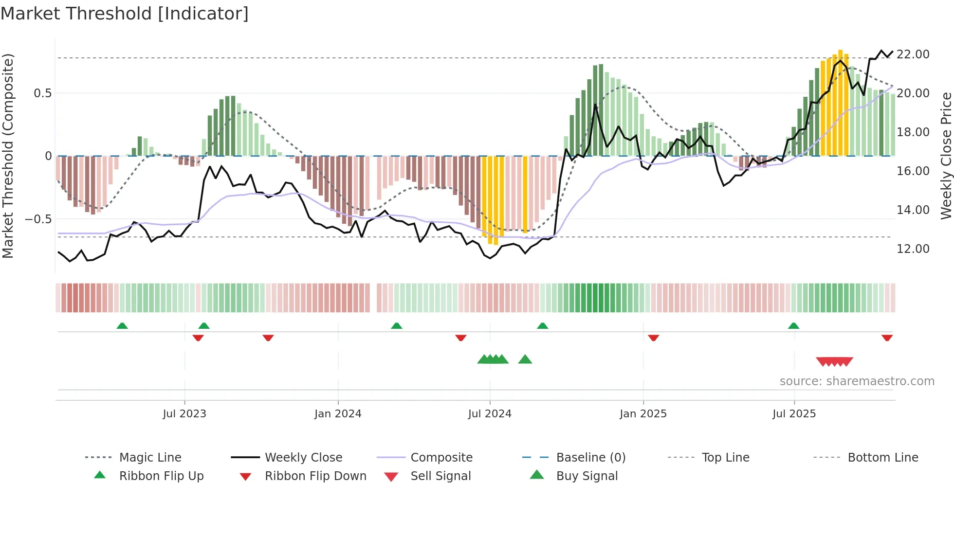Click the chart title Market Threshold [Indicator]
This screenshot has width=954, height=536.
(125, 14)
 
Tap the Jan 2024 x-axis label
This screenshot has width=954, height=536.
(338, 414)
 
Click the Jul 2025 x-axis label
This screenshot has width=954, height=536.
(794, 414)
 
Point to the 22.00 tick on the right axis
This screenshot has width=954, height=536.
(913, 54)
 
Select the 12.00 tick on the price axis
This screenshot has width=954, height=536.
(913, 249)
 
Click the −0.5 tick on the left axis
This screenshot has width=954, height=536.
(38, 219)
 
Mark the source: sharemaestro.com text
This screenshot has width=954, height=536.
(857, 381)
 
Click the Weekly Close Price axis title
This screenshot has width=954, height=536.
(946, 156)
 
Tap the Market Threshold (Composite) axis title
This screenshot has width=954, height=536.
(8, 156)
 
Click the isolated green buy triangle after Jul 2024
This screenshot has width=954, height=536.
(525, 359)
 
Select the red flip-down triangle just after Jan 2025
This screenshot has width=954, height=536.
(653, 338)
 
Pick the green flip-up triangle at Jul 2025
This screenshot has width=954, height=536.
(793, 326)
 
